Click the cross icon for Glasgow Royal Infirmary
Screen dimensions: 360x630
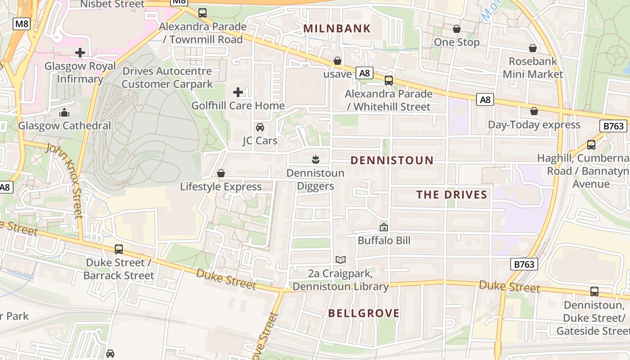(80, 53)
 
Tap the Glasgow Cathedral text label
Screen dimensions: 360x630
(64, 126)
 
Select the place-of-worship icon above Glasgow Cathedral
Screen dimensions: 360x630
(64, 112)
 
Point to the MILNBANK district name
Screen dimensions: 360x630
(337, 29)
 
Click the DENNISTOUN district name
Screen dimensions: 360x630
(392, 160)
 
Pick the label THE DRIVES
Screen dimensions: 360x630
(452, 195)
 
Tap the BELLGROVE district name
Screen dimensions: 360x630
(364, 314)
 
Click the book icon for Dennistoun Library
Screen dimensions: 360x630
(341, 260)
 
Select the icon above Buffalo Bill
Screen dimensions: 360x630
(383, 227)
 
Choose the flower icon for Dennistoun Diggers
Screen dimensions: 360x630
(315, 159)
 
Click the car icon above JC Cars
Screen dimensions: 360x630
(260, 127)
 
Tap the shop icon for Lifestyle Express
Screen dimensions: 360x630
(221, 173)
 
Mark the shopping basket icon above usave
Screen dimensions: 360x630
(337, 61)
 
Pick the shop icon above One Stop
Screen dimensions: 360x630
(457, 29)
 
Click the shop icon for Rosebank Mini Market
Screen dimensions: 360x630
(533, 48)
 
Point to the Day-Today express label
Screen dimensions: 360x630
(534, 125)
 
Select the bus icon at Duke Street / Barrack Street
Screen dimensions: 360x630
(119, 249)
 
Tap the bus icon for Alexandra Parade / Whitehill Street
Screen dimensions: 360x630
(389, 81)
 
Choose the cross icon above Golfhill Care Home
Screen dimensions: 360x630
(238, 92)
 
